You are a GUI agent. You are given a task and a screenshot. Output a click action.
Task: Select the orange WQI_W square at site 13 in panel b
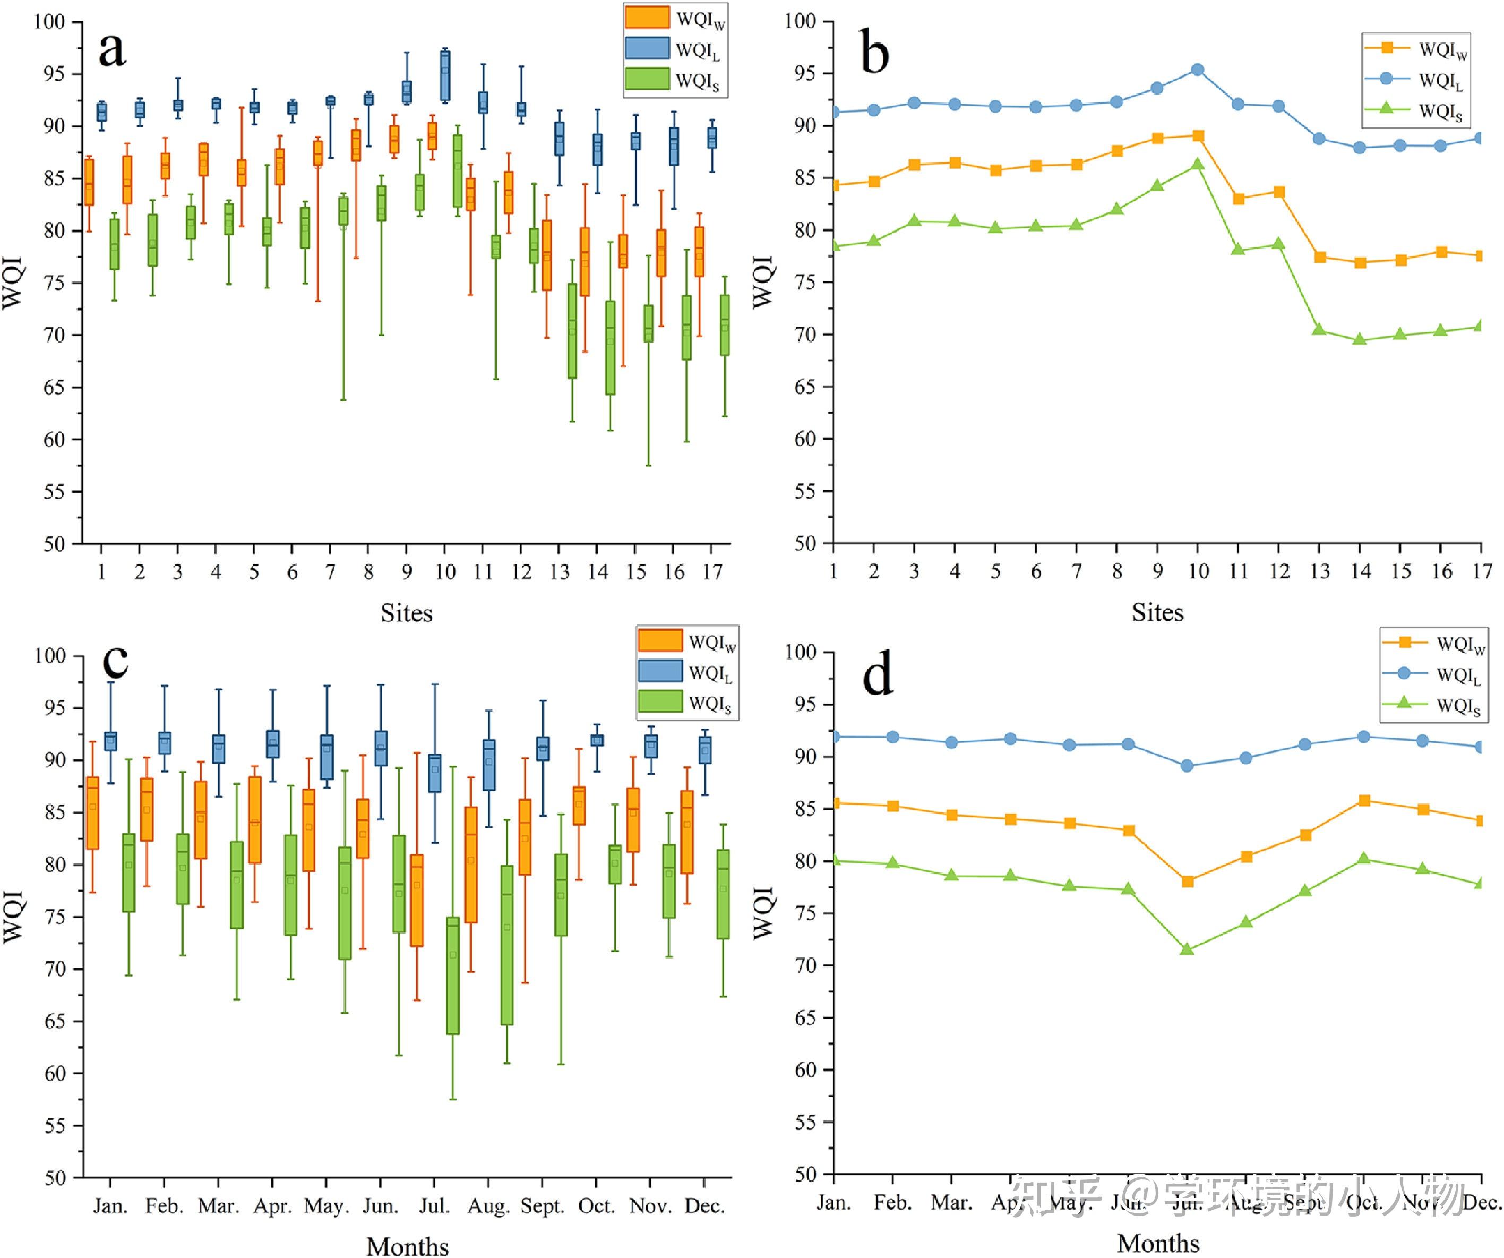[1319, 257]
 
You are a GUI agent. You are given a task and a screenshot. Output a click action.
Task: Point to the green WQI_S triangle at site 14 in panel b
[1360, 339]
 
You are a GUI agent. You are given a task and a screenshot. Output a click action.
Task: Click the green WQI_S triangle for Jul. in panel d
[1187, 950]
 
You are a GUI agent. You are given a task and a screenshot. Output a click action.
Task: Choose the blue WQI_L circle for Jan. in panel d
[835, 737]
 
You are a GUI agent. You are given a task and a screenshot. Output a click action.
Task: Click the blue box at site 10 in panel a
[445, 76]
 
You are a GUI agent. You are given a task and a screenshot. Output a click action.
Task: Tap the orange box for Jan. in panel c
[92, 813]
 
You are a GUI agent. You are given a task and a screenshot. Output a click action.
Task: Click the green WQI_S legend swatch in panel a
[647, 79]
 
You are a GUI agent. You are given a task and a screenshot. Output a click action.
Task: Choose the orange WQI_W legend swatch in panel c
[659, 640]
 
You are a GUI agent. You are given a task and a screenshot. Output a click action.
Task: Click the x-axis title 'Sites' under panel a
[406, 613]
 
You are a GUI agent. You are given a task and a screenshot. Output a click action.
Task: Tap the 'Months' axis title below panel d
[1157, 1243]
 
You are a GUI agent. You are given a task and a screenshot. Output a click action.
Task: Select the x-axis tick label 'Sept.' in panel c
[542, 1206]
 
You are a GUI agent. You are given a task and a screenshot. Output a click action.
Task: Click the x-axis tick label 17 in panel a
[712, 572]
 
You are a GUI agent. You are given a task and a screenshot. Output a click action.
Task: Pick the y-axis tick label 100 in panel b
[800, 21]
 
